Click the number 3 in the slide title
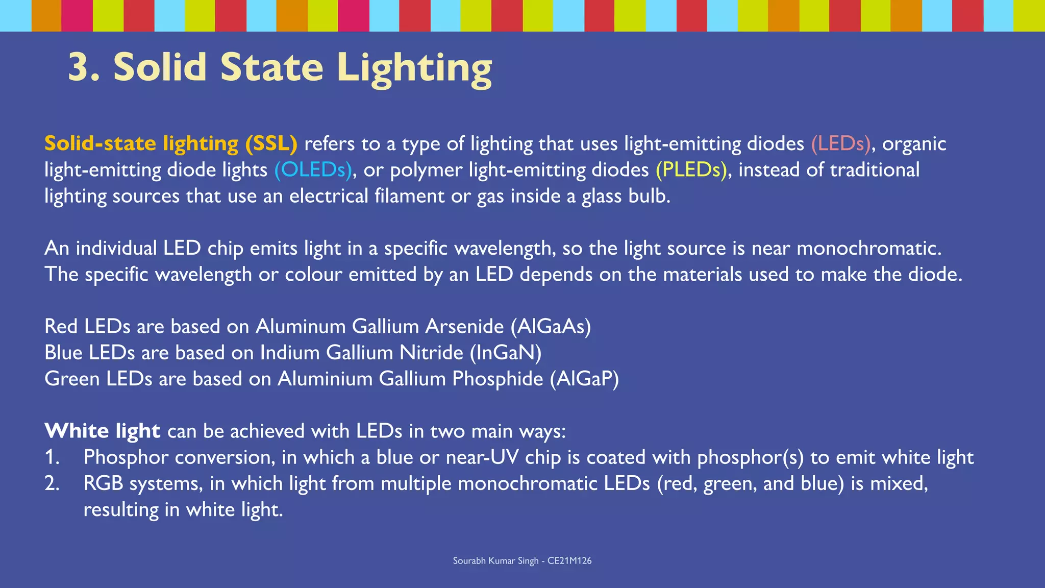(81, 67)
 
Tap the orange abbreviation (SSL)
(271, 144)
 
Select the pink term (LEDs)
(840, 144)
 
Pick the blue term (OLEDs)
(313, 170)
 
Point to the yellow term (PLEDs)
(691, 170)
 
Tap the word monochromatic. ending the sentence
(868, 249)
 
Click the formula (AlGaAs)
(551, 327)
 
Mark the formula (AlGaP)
(584, 379)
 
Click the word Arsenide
(464, 327)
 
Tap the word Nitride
(431, 353)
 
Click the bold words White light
(102, 431)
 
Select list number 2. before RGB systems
(52, 483)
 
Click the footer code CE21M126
(569, 560)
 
